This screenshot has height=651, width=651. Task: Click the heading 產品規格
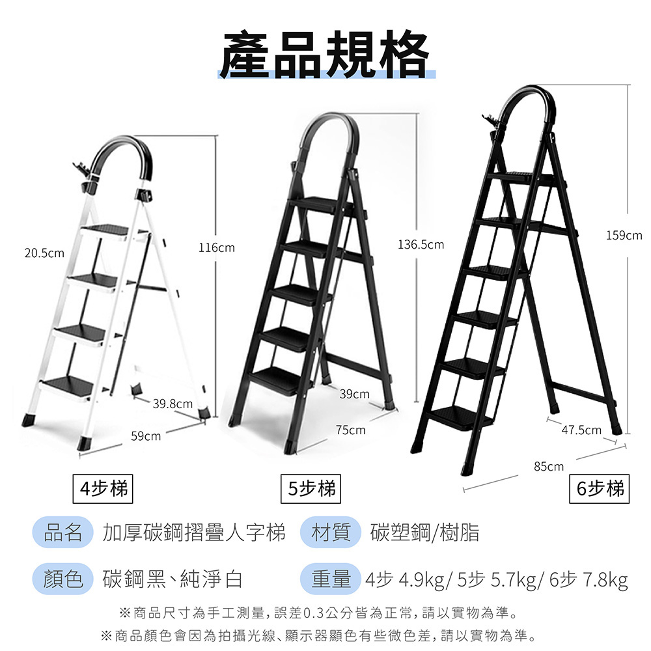(325, 55)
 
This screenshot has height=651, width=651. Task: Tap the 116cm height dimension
(217, 248)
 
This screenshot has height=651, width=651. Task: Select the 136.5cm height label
(421, 245)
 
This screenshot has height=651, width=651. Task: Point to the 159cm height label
(624, 236)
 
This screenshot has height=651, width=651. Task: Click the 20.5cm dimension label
(44, 253)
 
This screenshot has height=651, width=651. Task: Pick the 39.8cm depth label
(173, 404)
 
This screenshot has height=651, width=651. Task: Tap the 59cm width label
(146, 436)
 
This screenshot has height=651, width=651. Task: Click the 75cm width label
(351, 430)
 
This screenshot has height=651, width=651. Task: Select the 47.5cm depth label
(581, 430)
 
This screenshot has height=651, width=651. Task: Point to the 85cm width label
(549, 466)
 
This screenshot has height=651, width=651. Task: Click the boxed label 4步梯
(103, 489)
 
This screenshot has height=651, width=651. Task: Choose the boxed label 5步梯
(311, 489)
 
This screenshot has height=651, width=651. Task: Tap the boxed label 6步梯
(600, 489)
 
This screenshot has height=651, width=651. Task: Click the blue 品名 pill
(62, 533)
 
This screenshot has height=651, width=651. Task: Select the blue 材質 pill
(331, 533)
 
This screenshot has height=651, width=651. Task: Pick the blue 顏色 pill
(62, 579)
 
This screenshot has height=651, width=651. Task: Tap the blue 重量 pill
(331, 579)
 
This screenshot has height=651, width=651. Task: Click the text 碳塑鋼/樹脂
(424, 533)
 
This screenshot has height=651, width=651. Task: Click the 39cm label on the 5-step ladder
(355, 394)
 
